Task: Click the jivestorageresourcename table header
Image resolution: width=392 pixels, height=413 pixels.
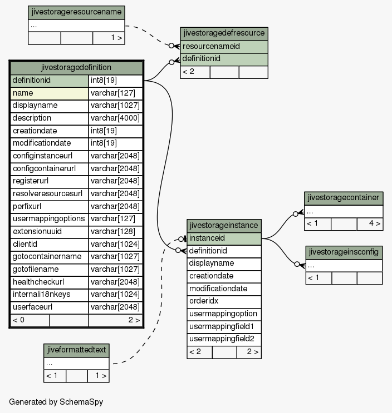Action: (x=76, y=12)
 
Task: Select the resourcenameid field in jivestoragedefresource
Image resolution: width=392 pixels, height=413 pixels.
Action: (x=224, y=47)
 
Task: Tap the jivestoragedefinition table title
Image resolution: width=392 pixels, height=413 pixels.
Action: (x=76, y=67)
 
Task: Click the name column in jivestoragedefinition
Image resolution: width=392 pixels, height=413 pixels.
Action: (x=50, y=93)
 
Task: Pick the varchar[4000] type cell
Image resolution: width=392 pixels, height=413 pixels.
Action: (x=115, y=118)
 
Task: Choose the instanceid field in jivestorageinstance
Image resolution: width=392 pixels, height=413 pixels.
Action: (x=224, y=238)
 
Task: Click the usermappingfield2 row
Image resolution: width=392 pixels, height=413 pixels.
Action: (x=224, y=339)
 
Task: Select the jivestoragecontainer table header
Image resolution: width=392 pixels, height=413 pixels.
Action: (x=344, y=198)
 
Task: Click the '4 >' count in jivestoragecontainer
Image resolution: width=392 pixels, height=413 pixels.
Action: (x=375, y=223)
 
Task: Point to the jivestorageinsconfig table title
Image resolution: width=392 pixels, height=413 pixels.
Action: (x=344, y=252)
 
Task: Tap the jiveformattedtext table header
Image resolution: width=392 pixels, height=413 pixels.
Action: (x=76, y=350)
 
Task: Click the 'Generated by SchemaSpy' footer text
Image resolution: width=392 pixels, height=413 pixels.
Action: (x=56, y=402)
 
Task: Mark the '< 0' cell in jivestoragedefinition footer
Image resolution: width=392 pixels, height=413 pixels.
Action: (x=18, y=320)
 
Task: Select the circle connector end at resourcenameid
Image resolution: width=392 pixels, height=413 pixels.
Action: (x=171, y=46)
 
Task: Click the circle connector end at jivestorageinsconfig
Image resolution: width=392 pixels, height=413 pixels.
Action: (x=297, y=264)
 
